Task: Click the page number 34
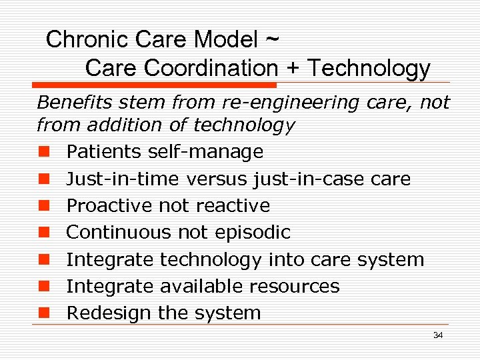437,335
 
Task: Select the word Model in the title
225,40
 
